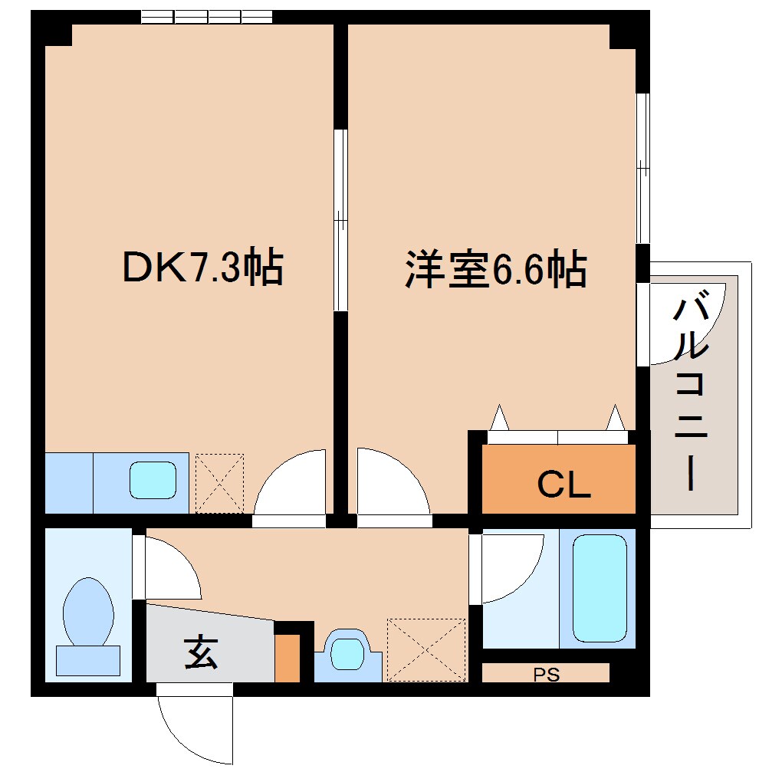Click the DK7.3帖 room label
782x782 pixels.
pos(202,268)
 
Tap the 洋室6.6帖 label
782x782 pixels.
pos(496,270)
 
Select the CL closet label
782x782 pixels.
pos(563,484)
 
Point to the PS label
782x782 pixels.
pos(546,675)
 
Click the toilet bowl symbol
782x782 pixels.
pos(88,611)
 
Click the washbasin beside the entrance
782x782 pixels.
pos(347,653)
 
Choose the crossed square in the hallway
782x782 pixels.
pos(426,649)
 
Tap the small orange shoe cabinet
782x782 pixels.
pos(287,658)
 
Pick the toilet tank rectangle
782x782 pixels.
pos(87,660)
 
